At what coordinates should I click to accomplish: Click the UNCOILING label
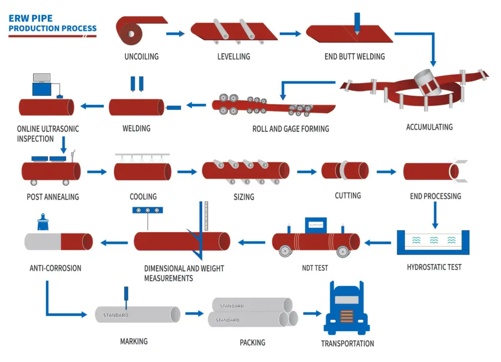click(141, 56)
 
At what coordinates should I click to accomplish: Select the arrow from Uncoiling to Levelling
click(175, 33)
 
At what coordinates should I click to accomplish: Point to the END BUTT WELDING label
click(355, 56)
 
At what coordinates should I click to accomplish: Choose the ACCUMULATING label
click(429, 127)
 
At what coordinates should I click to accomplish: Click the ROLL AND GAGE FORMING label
click(291, 129)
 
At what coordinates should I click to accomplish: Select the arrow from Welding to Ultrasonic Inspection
click(92, 106)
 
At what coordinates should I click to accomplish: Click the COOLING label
click(143, 196)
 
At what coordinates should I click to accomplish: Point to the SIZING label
click(244, 196)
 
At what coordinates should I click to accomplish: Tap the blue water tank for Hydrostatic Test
click(433, 242)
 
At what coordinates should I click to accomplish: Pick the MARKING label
click(134, 341)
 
